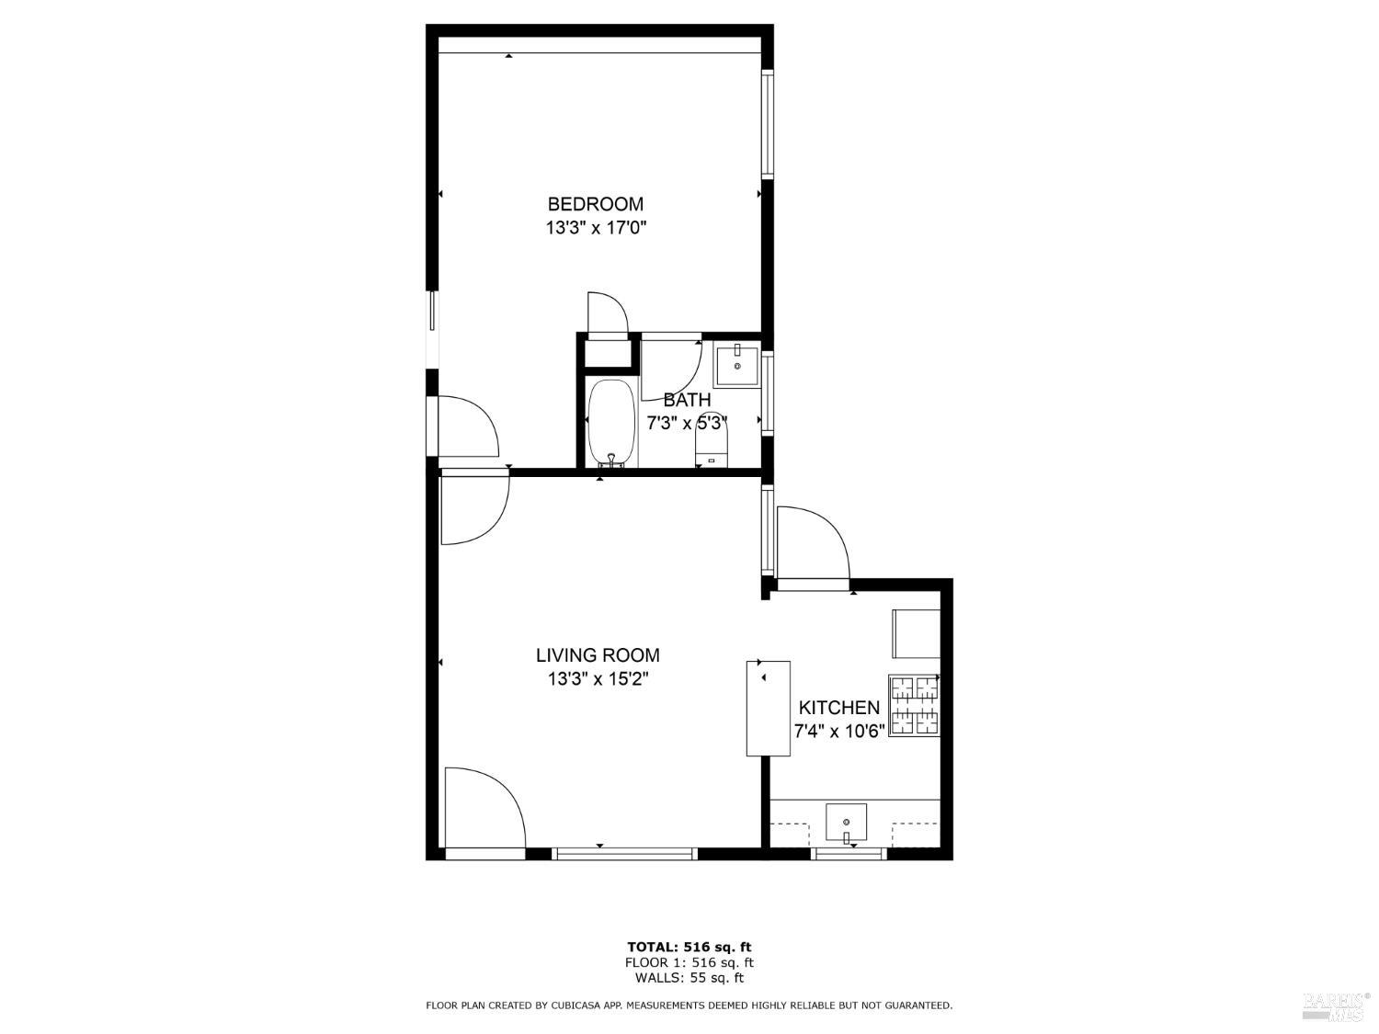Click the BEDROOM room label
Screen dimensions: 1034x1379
pyautogui.click(x=595, y=204)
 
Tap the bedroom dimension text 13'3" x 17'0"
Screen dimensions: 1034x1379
pyautogui.click(x=596, y=228)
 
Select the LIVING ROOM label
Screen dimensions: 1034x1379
pyautogui.click(x=598, y=655)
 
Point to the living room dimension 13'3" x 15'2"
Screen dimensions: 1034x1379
pyautogui.click(x=598, y=679)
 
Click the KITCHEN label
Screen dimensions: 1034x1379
pyautogui.click(x=838, y=708)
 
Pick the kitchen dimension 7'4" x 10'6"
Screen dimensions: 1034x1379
pyautogui.click(x=838, y=732)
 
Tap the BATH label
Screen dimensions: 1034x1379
pyautogui.click(x=687, y=400)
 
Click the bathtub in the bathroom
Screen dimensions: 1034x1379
pyautogui.click(x=611, y=424)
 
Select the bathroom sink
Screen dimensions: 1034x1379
pyautogui.click(x=737, y=365)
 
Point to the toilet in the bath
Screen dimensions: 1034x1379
pyautogui.click(x=712, y=449)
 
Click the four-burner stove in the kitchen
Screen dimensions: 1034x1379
pyautogui.click(x=914, y=705)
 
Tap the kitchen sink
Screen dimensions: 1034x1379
pyautogui.click(x=846, y=821)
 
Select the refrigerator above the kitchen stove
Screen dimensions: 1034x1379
pyautogui.click(x=916, y=633)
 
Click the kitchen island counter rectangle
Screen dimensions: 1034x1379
pyautogui.click(x=769, y=708)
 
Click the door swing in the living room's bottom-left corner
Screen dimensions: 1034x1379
pyautogui.click(x=483, y=808)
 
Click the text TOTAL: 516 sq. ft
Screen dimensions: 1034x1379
pyautogui.click(x=689, y=947)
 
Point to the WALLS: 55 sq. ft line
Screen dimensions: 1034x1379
pyautogui.click(x=689, y=978)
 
